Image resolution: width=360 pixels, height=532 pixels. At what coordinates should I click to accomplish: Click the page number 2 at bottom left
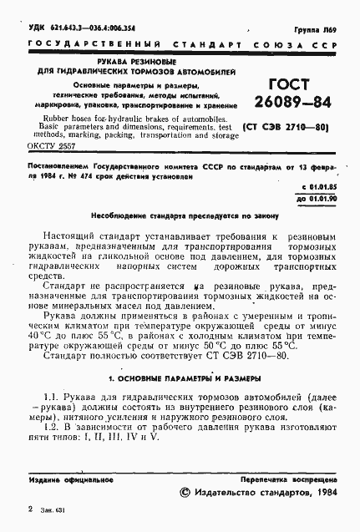tap(31, 509)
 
